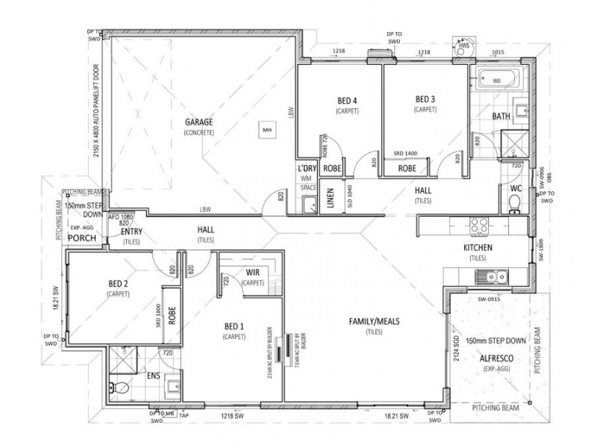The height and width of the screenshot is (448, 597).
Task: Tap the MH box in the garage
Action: click(x=266, y=129)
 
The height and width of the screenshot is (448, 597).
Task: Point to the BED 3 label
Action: click(x=425, y=99)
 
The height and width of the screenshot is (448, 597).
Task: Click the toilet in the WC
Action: click(x=513, y=208)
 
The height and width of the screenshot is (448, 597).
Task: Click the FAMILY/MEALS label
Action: click(x=375, y=321)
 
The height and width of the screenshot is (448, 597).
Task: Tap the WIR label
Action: click(x=254, y=273)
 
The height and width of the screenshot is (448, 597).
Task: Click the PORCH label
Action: click(x=79, y=238)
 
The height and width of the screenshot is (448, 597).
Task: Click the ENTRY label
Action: click(x=131, y=231)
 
